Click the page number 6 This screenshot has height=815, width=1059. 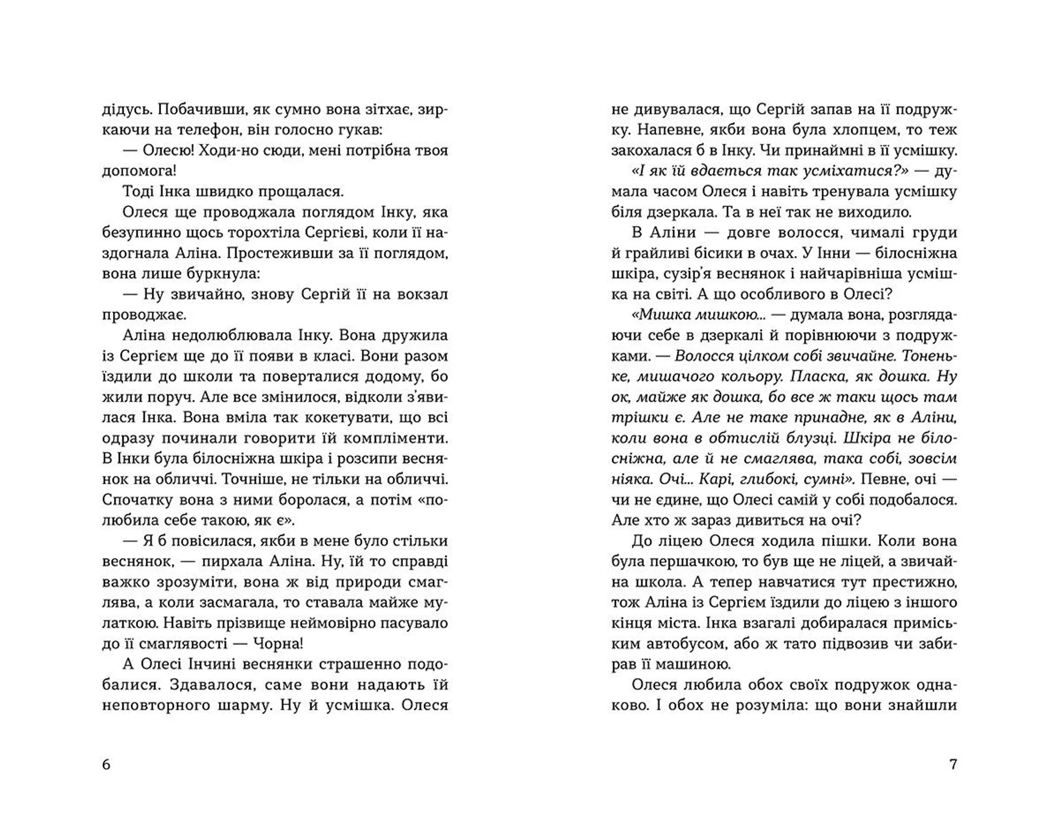click(x=106, y=764)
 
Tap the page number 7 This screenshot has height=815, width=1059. click(x=953, y=764)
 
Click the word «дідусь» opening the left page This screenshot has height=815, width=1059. click(x=126, y=109)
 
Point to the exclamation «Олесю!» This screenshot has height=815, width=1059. click(x=168, y=151)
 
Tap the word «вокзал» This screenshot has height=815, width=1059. click(x=420, y=294)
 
